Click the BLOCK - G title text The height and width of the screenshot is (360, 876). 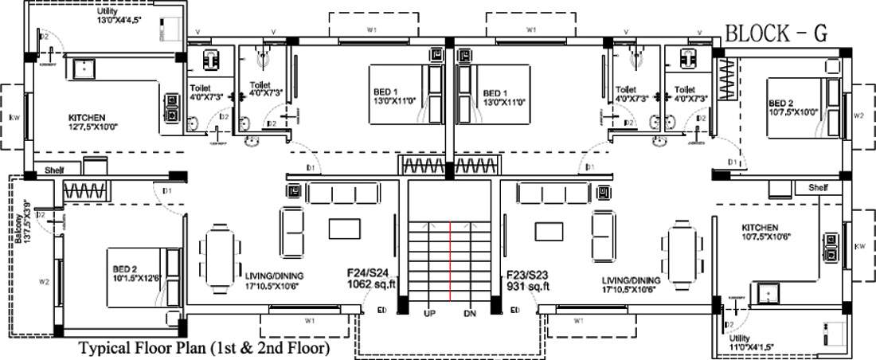click(775, 33)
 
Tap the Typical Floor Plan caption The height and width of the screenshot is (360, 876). click(204, 348)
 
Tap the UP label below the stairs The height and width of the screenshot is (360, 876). click(430, 313)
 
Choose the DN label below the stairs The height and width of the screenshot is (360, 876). click(470, 313)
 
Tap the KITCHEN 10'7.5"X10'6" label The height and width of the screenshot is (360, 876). click(760, 232)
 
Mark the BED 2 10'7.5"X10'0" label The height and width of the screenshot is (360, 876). click(792, 107)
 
